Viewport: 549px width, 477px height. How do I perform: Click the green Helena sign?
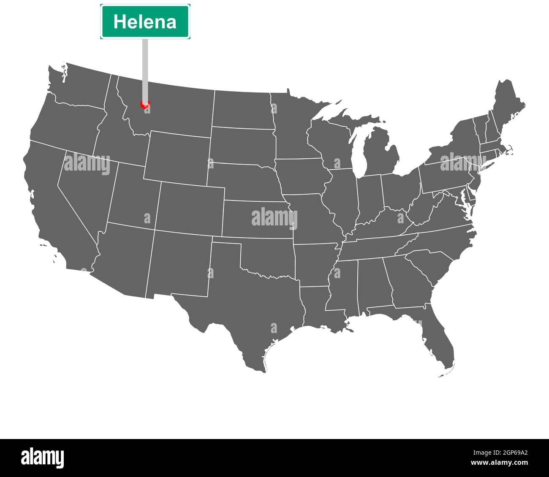(145, 22)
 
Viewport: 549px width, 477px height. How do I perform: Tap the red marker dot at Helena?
(145, 104)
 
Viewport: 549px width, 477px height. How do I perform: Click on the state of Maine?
(507, 106)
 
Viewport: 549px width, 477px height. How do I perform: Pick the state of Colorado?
(190, 207)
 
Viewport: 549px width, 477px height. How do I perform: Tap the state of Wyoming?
(177, 156)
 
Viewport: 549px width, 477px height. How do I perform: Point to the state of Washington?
(80, 84)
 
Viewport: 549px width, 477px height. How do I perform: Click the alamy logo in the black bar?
(42, 458)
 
